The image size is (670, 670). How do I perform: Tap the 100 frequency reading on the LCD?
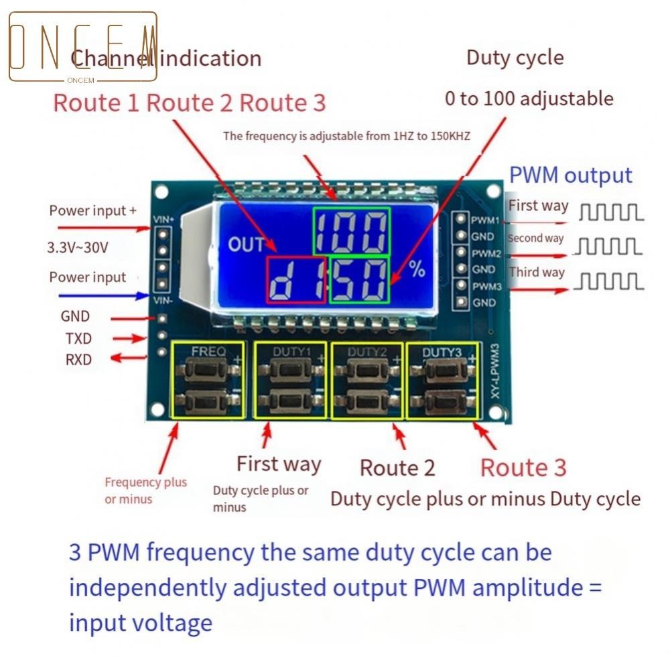point(351,231)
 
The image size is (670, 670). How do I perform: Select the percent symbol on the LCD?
point(417,269)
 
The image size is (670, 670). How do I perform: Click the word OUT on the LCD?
point(246,244)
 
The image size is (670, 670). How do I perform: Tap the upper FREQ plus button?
point(208,369)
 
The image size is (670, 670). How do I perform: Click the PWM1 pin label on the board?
point(486,220)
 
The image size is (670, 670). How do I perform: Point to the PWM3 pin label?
point(486,286)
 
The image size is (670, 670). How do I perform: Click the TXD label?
point(78,338)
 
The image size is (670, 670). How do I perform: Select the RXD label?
point(78,360)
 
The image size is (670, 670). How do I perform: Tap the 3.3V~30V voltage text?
point(78,247)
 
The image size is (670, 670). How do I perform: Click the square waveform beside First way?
point(610,212)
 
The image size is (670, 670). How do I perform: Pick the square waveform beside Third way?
point(610,281)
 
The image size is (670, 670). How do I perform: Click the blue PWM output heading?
point(571,176)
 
